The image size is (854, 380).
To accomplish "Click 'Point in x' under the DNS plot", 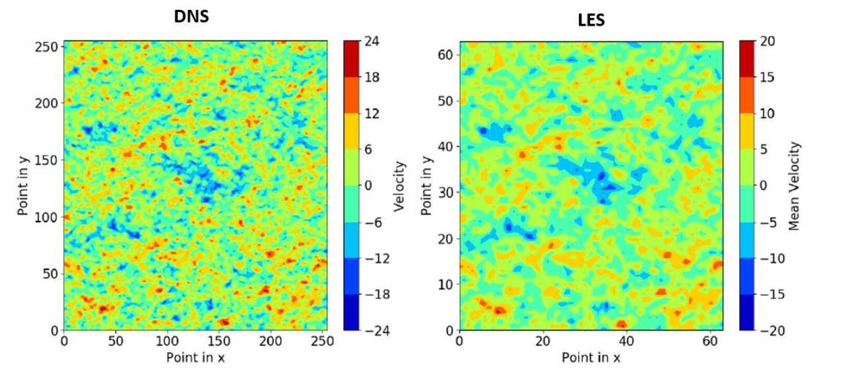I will tap(195, 358).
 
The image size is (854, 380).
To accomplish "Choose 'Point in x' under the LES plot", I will tap(591, 358).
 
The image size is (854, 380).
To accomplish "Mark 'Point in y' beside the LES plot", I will tap(426, 186).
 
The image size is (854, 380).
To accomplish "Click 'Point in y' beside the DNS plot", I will tap(24, 186).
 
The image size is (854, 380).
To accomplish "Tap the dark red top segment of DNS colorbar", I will tap(352, 59).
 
